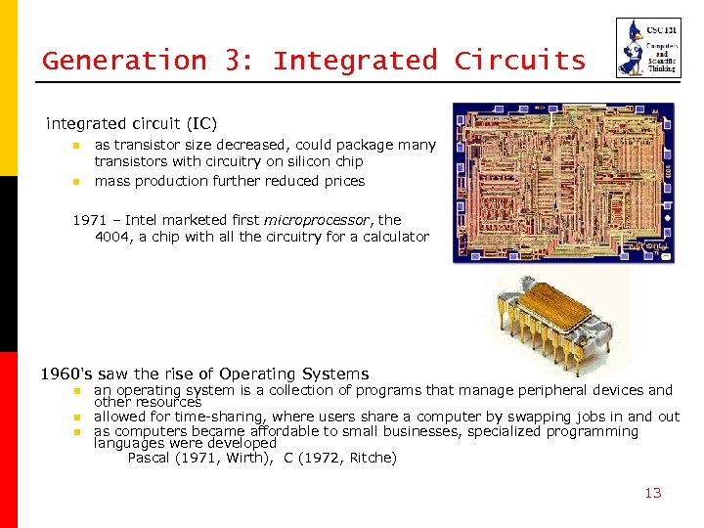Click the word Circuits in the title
[x=519, y=61]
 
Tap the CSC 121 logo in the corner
[x=648, y=48]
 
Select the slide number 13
[x=653, y=493]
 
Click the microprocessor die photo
[x=563, y=183]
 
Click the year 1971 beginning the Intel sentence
[x=89, y=220]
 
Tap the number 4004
[x=113, y=237]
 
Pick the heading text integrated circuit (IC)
[x=132, y=124]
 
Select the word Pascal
[x=149, y=458]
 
